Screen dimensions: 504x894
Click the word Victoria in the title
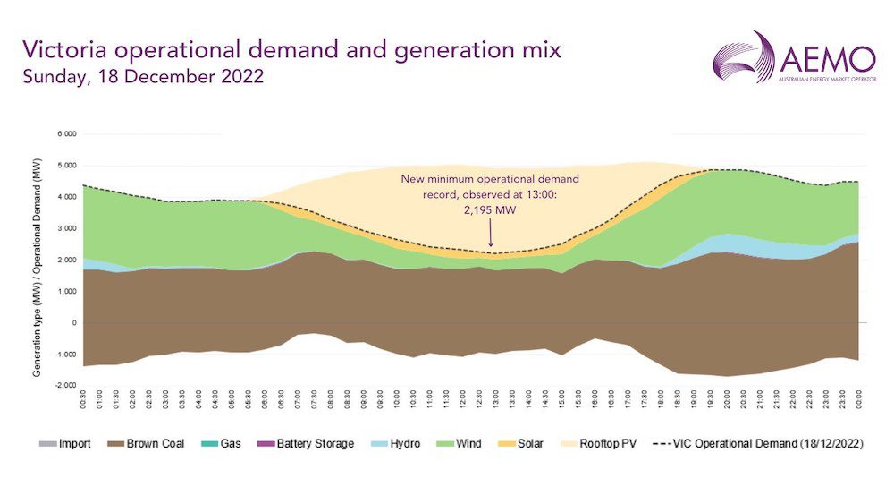(65, 49)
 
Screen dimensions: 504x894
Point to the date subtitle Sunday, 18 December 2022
(142, 77)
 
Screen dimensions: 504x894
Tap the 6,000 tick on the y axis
(67, 134)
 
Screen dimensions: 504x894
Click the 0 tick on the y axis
(75, 323)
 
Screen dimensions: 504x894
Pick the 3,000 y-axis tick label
(67, 228)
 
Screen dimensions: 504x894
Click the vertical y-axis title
(38, 260)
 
